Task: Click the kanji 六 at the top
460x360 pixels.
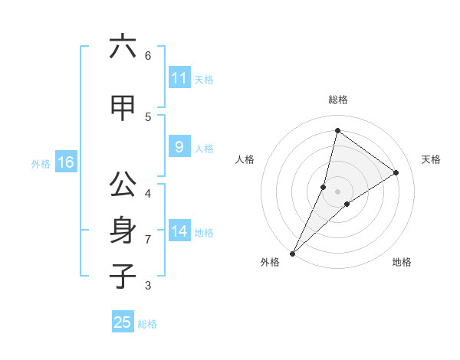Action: (123, 47)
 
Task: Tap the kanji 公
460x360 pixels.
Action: (123, 185)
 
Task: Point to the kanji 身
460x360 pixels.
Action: (123, 230)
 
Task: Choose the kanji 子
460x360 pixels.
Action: (123, 275)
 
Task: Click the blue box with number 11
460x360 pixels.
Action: (179, 78)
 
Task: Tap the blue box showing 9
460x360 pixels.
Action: (179, 147)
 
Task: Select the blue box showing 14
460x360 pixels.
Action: (179, 231)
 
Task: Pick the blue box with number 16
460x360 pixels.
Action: (65, 162)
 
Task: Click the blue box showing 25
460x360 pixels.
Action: (123, 322)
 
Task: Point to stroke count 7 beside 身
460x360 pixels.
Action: (148, 240)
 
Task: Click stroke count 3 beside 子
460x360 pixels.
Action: (148, 286)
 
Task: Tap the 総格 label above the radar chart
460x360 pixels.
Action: (338, 100)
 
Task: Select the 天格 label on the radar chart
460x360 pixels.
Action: (432, 159)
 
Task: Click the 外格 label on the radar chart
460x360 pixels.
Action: (270, 262)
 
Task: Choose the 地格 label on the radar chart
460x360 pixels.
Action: (402, 262)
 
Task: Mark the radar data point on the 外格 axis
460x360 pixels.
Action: (293, 253)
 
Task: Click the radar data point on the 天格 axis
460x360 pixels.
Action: (396, 172)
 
